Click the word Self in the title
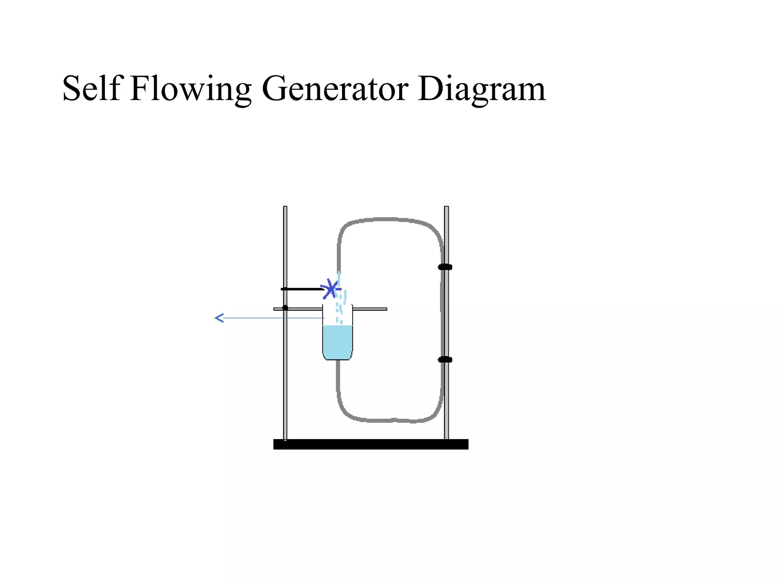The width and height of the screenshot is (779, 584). [x=91, y=88]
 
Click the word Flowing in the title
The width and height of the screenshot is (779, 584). [x=190, y=88]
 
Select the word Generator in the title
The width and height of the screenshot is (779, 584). [x=335, y=88]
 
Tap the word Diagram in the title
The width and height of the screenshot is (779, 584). [x=482, y=88]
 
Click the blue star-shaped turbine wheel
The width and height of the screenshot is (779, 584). [x=331, y=289]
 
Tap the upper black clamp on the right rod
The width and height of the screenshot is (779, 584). [x=445, y=267]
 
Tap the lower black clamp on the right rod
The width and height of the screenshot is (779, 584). [x=445, y=359]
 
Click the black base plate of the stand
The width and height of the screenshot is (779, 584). [x=371, y=444]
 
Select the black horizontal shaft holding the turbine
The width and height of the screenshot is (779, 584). [x=302, y=289]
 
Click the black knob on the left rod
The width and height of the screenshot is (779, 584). [x=285, y=308]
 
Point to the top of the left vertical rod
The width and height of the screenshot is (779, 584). [x=285, y=208]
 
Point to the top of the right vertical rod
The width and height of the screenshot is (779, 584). [x=447, y=208]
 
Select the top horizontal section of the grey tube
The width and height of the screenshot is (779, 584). [x=386, y=219]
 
